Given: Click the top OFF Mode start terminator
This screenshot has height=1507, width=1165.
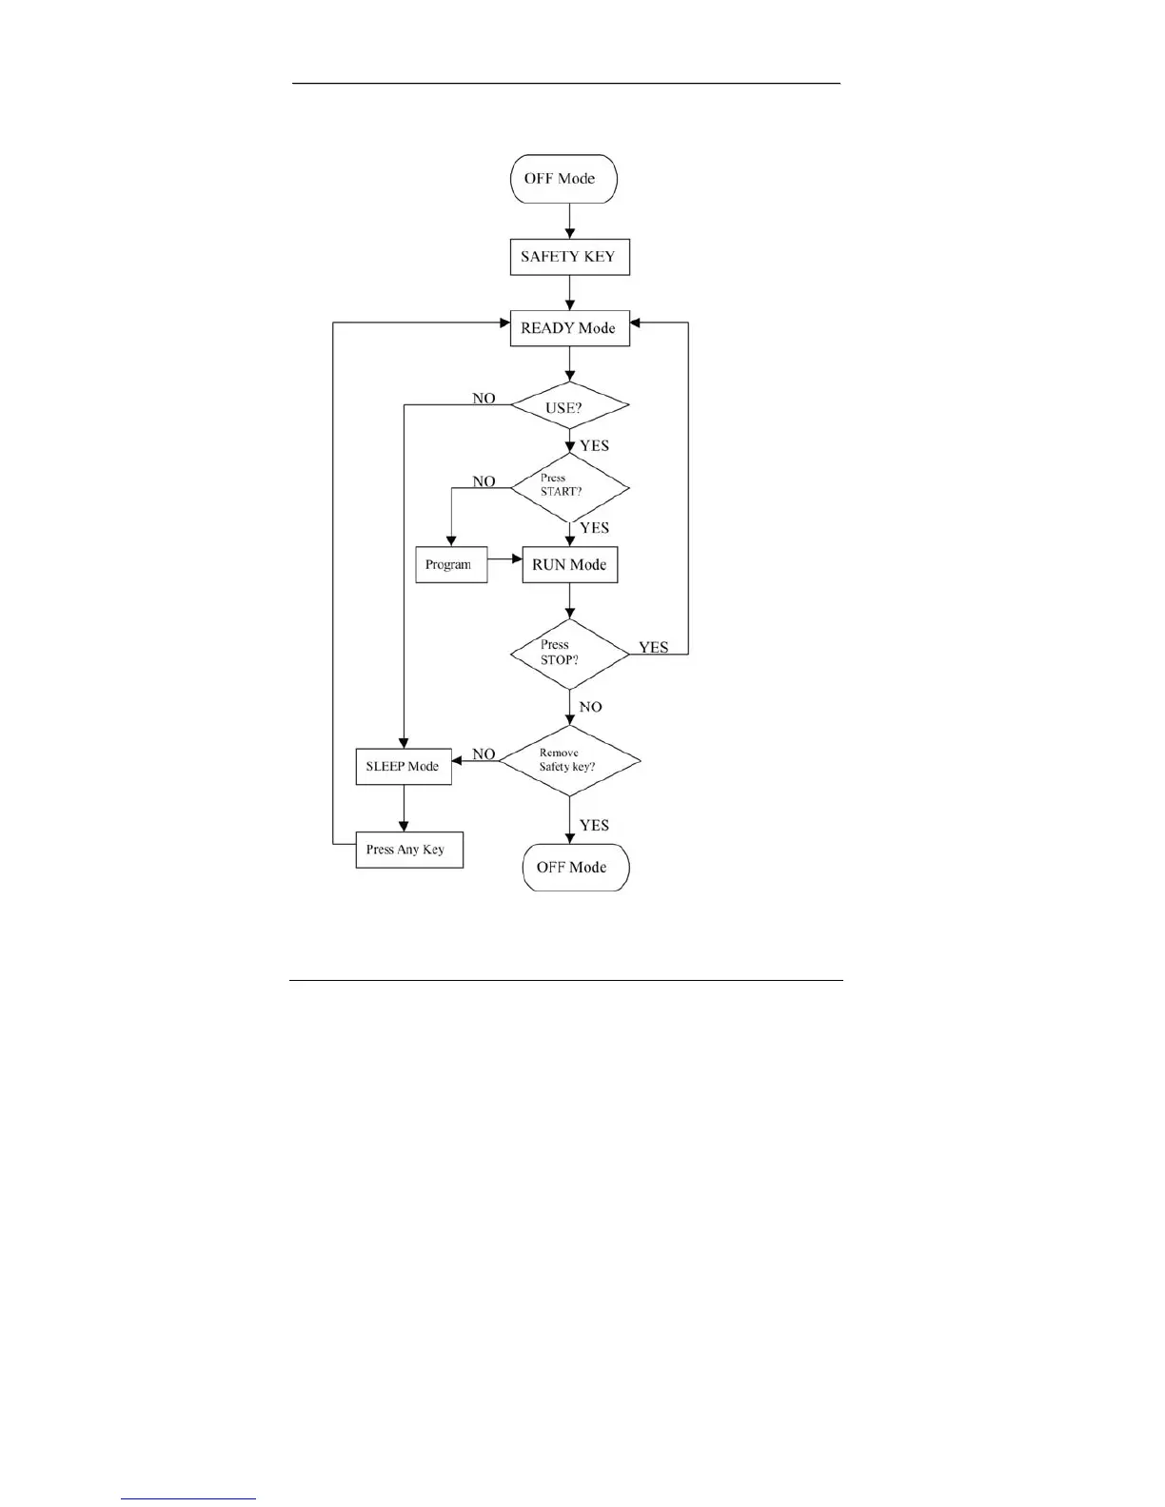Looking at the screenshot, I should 563,179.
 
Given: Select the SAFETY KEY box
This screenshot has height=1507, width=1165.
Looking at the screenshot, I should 569,257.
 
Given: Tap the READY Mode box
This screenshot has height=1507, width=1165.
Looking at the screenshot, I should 569,328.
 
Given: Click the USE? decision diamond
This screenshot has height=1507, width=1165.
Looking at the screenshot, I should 569,407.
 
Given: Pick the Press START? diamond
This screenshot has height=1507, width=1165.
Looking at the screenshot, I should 569,487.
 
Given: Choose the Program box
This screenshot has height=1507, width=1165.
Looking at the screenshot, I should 451,564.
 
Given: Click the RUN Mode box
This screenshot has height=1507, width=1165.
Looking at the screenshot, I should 569,564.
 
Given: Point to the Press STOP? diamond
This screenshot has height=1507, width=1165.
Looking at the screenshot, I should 569,654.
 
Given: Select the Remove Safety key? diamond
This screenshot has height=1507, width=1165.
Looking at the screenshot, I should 569,760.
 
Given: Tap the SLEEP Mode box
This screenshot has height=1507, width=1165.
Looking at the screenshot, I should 404,766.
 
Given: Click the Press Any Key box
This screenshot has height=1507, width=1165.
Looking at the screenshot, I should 409,850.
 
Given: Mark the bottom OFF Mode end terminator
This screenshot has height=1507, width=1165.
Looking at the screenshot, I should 575,867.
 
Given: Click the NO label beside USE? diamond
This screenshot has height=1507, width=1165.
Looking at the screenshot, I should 484,399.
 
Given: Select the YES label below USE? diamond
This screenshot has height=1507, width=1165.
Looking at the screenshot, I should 594,445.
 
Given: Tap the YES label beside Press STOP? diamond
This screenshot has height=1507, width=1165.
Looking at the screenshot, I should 653,647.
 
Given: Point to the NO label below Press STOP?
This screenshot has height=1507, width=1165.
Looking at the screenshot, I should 590,707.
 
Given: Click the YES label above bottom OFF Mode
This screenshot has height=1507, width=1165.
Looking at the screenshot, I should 594,825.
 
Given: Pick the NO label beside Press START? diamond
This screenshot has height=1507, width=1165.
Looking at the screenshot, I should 484,481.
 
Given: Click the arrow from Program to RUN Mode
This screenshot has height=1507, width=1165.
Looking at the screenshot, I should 504,558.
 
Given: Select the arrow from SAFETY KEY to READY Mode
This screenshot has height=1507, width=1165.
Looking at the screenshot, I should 569,293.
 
